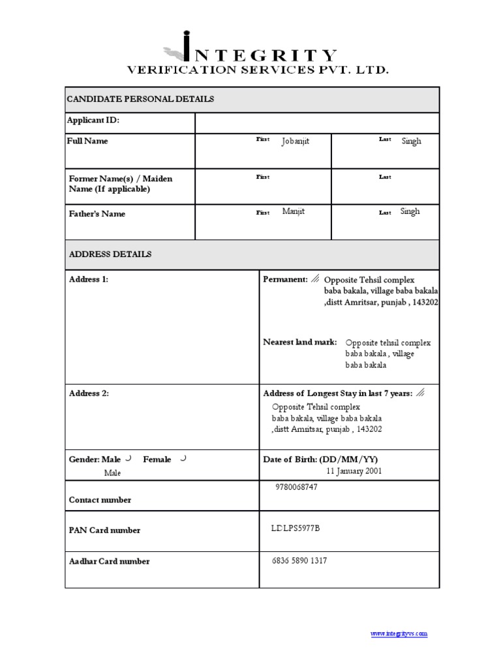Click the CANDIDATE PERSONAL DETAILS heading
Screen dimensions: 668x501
coord(140,99)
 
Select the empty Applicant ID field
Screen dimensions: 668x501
coord(316,123)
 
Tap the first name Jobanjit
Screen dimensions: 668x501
coord(296,142)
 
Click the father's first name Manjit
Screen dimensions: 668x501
coord(293,211)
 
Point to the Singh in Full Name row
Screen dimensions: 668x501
coord(411,142)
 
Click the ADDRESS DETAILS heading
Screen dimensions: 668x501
coord(110,254)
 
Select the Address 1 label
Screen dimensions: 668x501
coord(89,279)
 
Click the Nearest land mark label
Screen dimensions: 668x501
coord(300,342)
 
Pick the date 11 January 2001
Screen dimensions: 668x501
coord(354,471)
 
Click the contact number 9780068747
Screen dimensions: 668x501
coord(297,487)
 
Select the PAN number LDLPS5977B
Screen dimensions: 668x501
coord(296,528)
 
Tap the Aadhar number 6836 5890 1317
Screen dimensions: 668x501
coord(299,560)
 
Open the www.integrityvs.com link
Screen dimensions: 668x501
coord(399,633)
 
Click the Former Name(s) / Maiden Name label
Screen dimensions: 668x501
coord(121,183)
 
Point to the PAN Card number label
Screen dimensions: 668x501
coord(104,530)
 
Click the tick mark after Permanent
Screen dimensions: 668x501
coord(316,279)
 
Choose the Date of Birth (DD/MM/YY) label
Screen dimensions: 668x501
coord(320,459)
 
